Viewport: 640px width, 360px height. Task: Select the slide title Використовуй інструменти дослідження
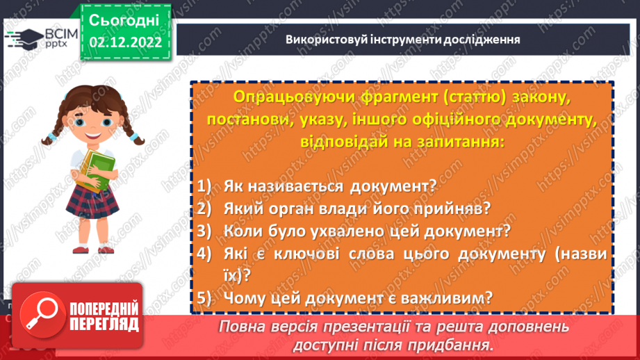click(403, 40)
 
